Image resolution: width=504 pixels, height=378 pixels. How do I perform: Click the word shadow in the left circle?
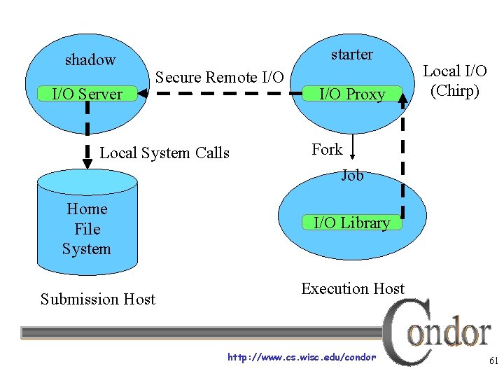[x=90, y=60]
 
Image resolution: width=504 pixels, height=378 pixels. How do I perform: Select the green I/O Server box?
[x=87, y=94]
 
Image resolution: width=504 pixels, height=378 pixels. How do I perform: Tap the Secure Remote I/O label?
[x=219, y=77]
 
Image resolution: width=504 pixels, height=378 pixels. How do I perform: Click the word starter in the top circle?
[x=351, y=55]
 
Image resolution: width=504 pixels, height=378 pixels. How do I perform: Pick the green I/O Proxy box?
[x=352, y=94]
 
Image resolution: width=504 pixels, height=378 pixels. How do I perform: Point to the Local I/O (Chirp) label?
[x=455, y=80]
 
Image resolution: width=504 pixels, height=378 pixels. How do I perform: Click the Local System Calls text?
[x=164, y=153]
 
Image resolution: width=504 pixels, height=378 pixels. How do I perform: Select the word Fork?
[x=327, y=149]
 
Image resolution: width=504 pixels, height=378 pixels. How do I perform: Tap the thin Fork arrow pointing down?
[x=353, y=148]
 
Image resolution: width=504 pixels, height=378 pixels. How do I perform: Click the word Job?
[x=352, y=176]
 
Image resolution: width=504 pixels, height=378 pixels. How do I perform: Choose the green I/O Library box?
[x=351, y=223]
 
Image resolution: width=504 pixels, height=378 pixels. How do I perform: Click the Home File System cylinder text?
[x=86, y=229]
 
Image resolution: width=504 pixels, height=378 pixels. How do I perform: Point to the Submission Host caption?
[x=98, y=300]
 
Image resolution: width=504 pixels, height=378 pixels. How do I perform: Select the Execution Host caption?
[x=353, y=288]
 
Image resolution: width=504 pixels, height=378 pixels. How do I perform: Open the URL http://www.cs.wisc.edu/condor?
[x=302, y=358]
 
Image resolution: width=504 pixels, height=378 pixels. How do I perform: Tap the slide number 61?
[x=493, y=361]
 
